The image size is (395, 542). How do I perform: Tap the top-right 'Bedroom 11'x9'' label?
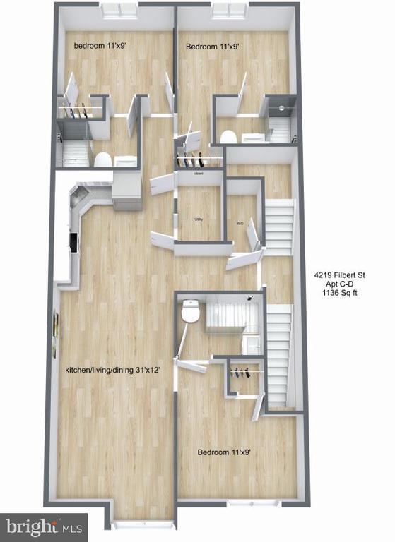212,47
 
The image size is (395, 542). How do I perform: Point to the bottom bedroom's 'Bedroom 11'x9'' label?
223,452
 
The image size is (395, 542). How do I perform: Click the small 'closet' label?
199,172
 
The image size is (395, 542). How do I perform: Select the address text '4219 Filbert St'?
341,275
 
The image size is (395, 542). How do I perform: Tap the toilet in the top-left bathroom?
102,159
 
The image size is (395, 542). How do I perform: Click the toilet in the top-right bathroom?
228,136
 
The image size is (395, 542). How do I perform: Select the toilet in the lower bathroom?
189,311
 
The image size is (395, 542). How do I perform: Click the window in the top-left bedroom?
119,10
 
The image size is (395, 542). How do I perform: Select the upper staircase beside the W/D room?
278,226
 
